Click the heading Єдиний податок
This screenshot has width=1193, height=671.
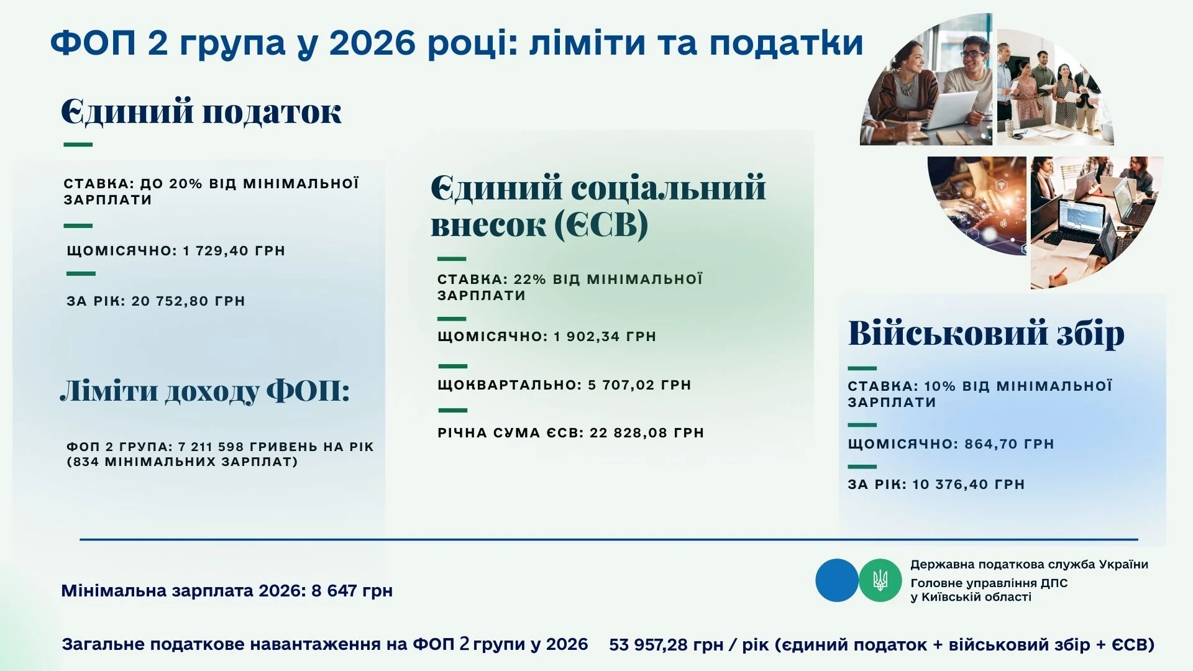[201, 112]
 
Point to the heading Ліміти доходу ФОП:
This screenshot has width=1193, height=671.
[205, 392]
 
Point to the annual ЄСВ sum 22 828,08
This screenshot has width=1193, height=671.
[631, 433]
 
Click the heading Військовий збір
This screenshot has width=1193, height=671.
[986, 334]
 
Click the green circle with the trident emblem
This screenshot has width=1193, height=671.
[880, 580]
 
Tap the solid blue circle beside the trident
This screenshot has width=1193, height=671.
[836, 580]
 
